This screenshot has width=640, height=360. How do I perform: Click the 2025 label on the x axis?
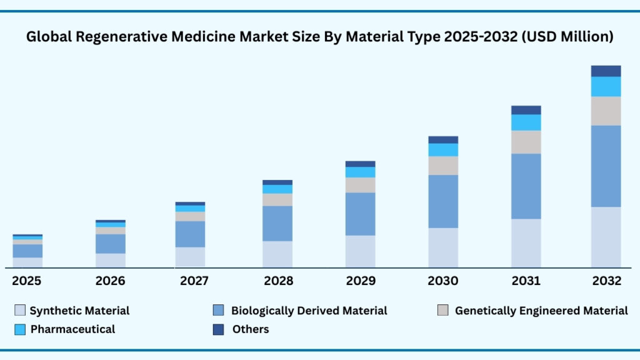[26, 281]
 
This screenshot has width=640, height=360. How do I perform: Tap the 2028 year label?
[278, 281]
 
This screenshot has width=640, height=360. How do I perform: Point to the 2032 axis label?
[606, 281]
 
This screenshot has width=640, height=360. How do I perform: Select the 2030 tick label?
[443, 281]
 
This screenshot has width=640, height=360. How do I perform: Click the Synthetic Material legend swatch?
[20, 311]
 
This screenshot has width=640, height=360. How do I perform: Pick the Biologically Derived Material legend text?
[309, 311]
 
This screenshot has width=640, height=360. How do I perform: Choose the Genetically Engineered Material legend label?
[541, 311]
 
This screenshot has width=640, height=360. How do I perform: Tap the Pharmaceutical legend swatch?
[20, 329]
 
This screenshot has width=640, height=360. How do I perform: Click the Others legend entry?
[250, 329]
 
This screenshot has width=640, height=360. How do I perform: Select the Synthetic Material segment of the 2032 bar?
[606, 237]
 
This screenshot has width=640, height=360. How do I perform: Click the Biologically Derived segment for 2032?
[606, 166]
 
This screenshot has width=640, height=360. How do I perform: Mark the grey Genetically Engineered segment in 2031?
[526, 142]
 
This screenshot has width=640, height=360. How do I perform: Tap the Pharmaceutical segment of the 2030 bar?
[443, 150]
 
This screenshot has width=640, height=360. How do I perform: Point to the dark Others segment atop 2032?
[606, 71]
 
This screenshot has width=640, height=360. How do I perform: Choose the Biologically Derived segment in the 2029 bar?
[360, 214]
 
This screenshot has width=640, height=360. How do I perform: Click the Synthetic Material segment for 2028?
[277, 254]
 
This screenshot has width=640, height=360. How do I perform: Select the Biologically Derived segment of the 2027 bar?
[190, 234]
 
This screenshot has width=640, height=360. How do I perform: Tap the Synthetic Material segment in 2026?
[111, 260]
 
